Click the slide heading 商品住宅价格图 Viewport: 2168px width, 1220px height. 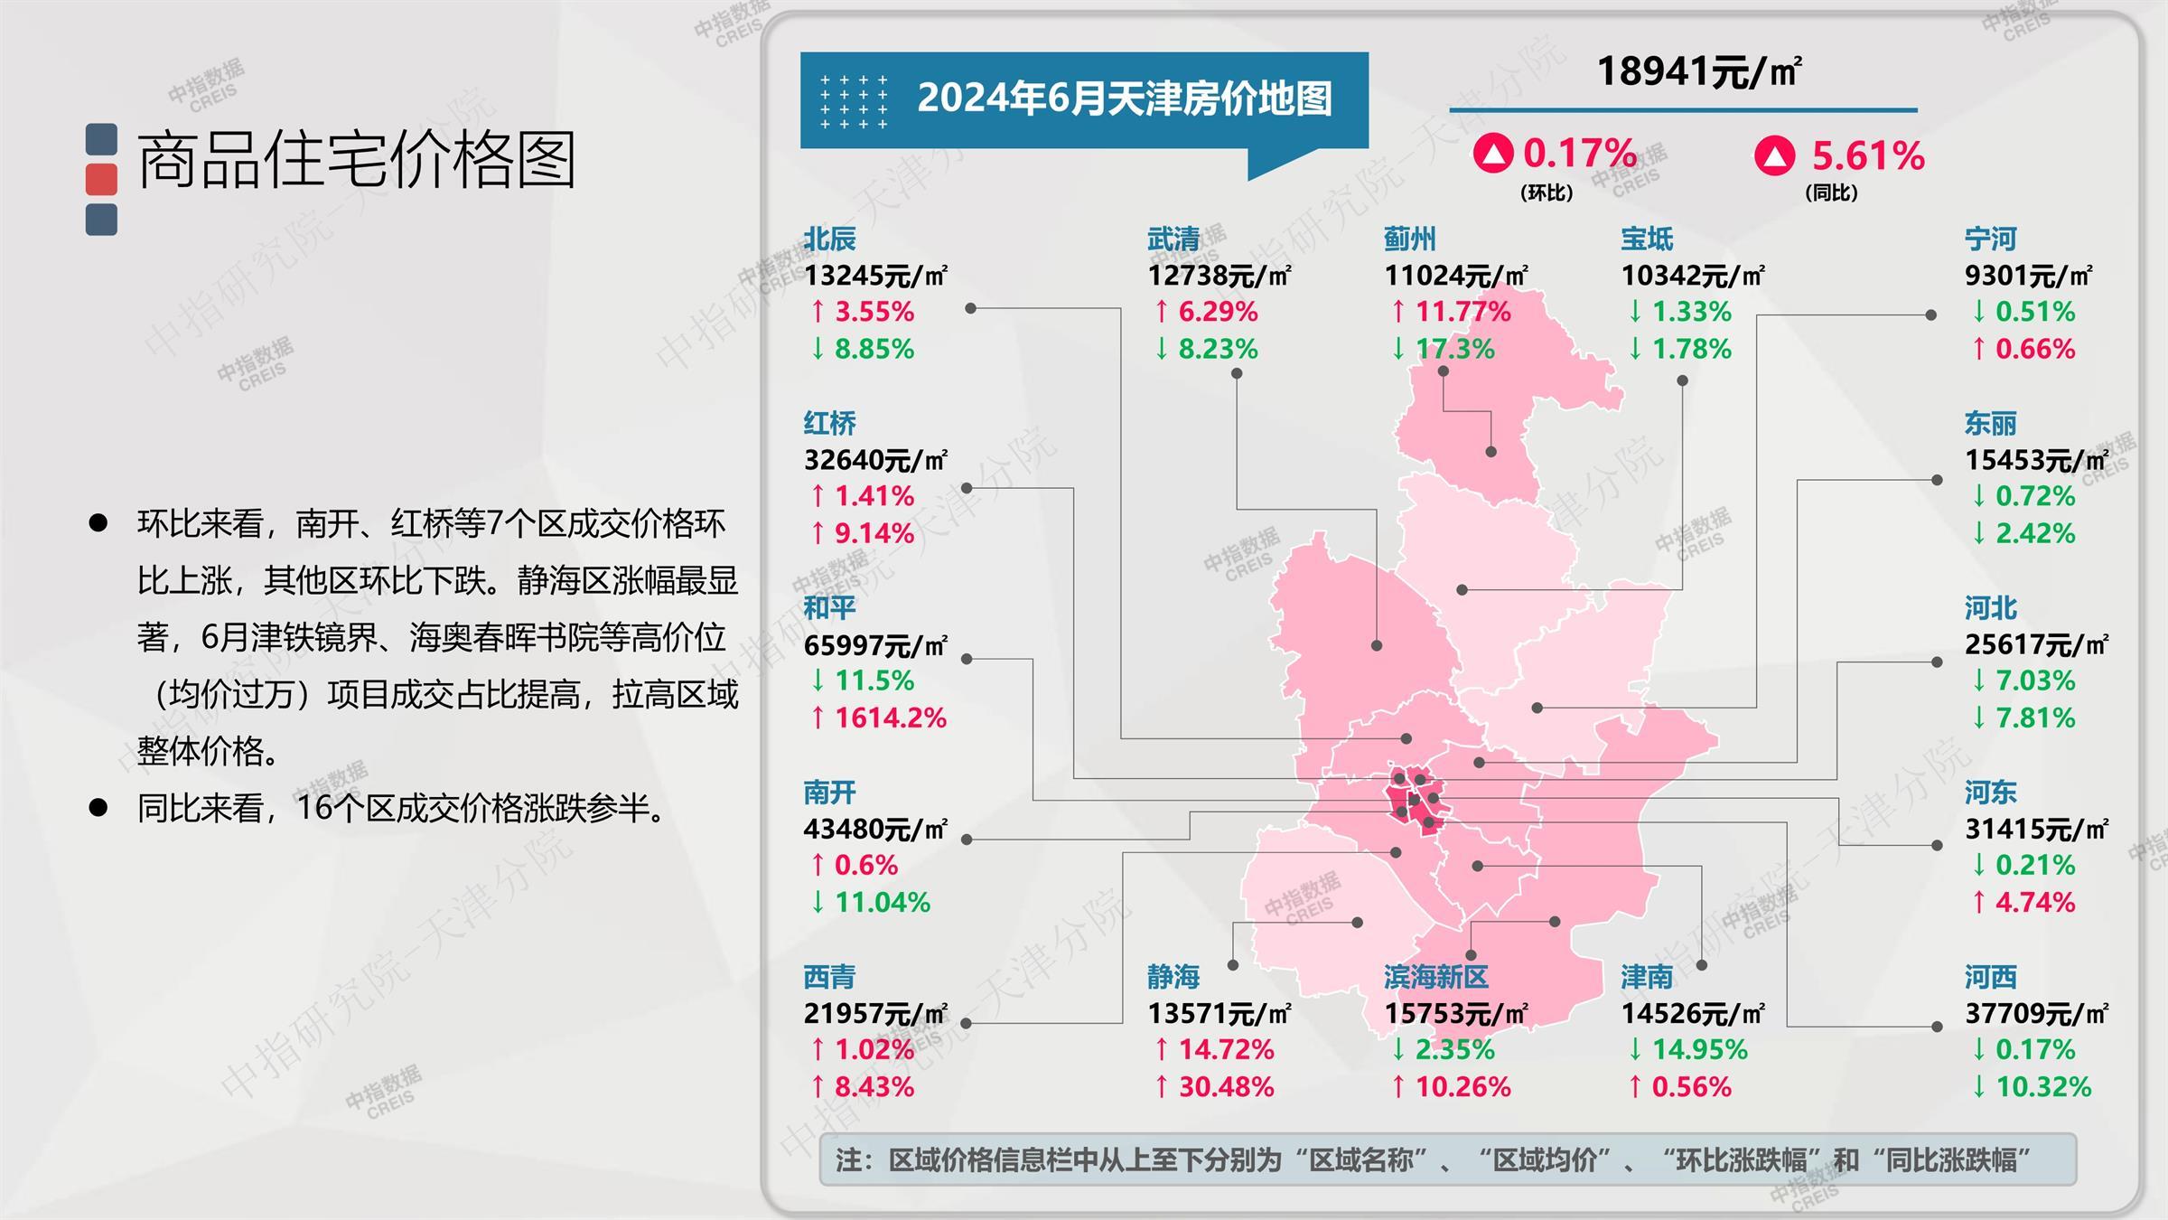click(x=356, y=160)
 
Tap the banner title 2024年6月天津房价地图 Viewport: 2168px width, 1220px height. click(x=1124, y=99)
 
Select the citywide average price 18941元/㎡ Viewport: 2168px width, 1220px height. click(x=1699, y=72)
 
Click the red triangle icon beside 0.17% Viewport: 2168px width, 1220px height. click(x=1492, y=154)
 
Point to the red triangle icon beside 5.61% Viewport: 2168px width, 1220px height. click(x=1774, y=155)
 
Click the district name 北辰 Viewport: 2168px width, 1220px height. click(x=829, y=239)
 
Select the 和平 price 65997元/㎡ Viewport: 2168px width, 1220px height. click(x=875, y=645)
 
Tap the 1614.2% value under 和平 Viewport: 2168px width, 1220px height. click(x=890, y=718)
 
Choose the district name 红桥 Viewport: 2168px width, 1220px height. click(x=829, y=423)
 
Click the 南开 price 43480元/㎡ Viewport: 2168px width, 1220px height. click(x=875, y=830)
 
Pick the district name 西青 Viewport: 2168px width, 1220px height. click(x=829, y=977)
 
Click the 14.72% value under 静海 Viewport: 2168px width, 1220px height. click(x=1226, y=1050)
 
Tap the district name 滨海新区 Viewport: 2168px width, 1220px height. click(x=1435, y=977)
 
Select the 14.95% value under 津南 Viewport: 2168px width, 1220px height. click(x=1699, y=1050)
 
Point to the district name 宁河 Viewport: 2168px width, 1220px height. click(x=1990, y=239)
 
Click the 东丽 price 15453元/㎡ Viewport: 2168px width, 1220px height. click(x=2036, y=460)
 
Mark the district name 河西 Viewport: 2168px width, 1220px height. click(x=1990, y=977)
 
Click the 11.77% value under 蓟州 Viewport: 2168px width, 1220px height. click(x=1462, y=313)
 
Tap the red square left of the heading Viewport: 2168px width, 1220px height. click(x=101, y=179)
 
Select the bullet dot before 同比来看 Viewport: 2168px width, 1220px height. click(x=98, y=807)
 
